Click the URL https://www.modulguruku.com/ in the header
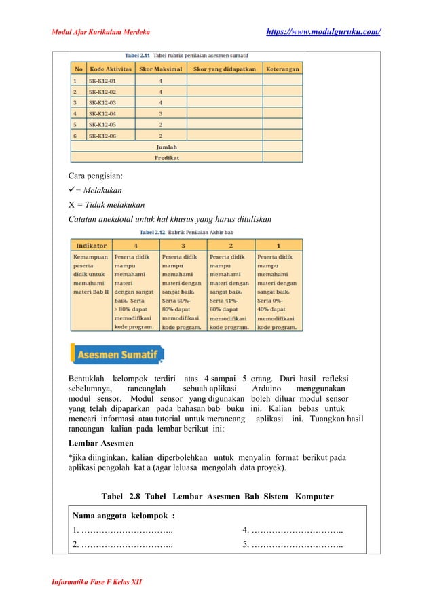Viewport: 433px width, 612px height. click(323, 31)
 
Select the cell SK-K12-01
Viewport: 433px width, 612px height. click(108, 80)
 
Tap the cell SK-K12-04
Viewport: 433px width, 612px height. click(108, 113)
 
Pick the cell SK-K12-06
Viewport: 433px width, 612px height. click(108, 135)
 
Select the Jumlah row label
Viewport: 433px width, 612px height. click(167, 147)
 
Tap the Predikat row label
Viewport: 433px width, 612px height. click(167, 157)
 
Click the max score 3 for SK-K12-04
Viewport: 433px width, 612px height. click(160, 113)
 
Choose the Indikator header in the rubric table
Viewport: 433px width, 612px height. click(90, 245)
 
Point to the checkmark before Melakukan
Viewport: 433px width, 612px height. click(73, 190)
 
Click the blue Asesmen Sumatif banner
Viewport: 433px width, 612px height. click(117, 354)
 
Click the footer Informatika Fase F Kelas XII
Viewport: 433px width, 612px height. click(97, 582)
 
